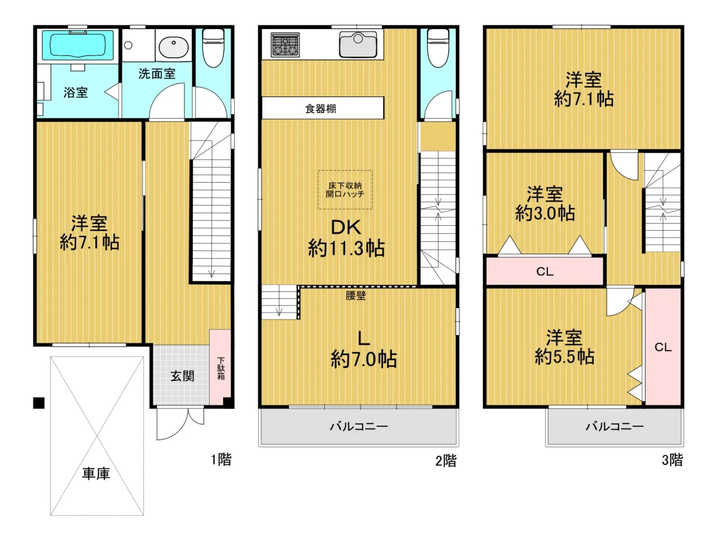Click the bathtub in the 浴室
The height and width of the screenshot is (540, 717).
(x=77, y=45)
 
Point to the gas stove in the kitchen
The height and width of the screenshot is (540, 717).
(x=285, y=45)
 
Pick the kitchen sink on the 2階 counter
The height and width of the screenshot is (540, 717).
(x=358, y=44)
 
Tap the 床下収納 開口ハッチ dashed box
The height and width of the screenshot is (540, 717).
(x=345, y=190)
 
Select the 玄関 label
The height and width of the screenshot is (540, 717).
(x=182, y=376)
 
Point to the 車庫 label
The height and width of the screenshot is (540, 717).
(x=96, y=473)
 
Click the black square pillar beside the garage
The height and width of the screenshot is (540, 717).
(x=39, y=403)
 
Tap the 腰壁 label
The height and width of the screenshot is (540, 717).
(x=356, y=296)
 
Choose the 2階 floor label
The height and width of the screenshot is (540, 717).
(x=446, y=460)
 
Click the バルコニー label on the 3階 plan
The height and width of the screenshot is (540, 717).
(x=614, y=426)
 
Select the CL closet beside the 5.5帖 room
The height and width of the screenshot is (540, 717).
(x=663, y=347)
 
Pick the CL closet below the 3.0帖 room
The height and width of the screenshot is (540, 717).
(x=544, y=271)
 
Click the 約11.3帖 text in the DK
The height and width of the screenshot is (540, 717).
(x=346, y=248)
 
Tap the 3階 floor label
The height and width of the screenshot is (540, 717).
(x=672, y=460)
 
